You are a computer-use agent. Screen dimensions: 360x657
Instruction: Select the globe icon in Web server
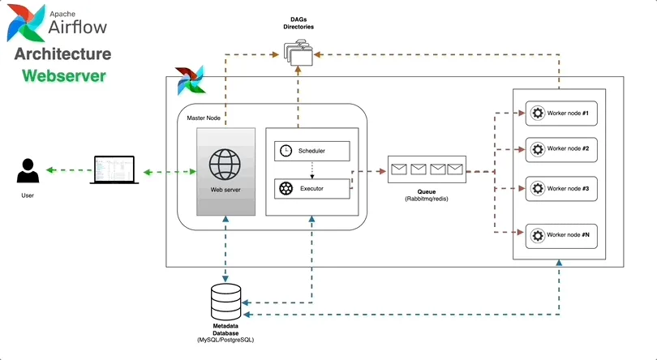click(226, 165)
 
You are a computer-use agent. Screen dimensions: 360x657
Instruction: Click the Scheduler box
click(312, 151)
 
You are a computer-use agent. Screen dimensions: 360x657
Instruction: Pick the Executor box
click(312, 188)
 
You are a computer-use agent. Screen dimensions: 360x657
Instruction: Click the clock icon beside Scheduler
click(286, 151)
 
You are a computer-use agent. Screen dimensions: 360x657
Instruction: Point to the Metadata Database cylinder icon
click(225, 302)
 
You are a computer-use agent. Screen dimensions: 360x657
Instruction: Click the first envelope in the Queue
click(399, 169)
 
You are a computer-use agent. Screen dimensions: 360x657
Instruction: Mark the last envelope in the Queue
click(454, 169)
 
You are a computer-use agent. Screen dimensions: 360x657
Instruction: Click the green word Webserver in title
click(63, 76)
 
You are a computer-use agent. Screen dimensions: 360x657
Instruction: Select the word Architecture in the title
click(63, 54)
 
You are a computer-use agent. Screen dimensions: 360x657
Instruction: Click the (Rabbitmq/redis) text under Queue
click(427, 199)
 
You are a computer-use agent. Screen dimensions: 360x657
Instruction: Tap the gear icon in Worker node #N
click(536, 236)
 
